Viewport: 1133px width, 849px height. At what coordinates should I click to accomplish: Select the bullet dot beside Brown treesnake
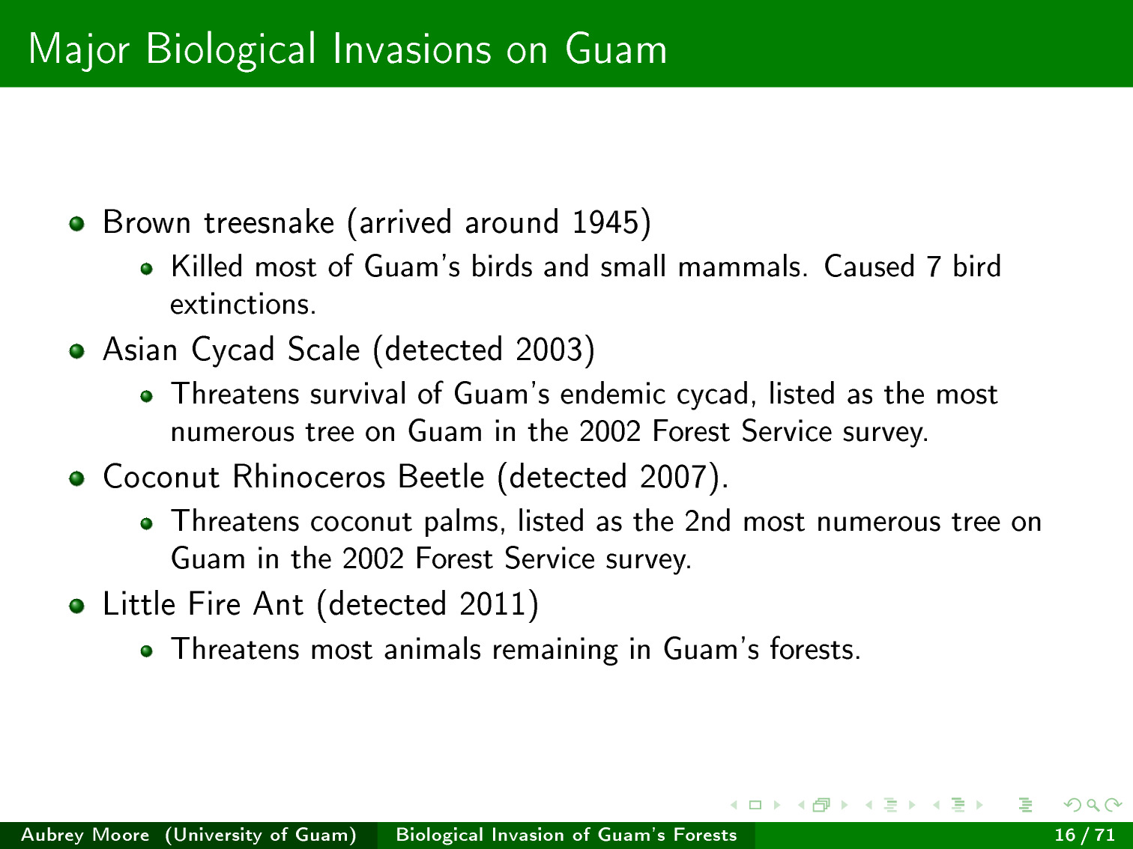click(77, 224)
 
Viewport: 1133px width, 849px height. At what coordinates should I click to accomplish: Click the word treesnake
click(269, 222)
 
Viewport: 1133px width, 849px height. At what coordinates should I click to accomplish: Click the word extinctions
click(242, 304)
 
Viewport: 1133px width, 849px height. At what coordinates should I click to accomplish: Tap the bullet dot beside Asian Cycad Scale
click(77, 351)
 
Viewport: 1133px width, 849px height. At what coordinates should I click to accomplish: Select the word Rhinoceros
click(309, 476)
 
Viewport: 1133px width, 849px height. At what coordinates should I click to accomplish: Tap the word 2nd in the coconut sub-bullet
click(707, 521)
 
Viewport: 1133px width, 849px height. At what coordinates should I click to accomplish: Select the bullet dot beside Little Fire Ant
click(77, 606)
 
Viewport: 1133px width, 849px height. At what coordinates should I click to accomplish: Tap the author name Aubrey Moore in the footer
click(85, 835)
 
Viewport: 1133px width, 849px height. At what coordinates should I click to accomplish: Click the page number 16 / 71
click(1084, 835)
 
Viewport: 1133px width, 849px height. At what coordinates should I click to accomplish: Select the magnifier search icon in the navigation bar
click(1093, 805)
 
